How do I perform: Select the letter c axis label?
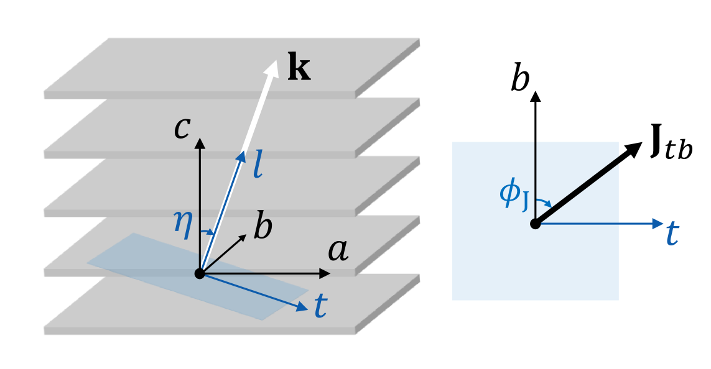[x=182, y=129]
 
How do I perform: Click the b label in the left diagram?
[x=263, y=228]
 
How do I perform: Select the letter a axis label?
[x=338, y=251]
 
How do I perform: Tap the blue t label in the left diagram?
[x=320, y=306]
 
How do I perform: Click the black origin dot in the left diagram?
[x=200, y=273]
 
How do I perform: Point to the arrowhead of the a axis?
[x=325, y=273]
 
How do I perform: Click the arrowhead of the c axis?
[x=200, y=143]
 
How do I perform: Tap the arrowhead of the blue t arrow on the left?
[x=303, y=306]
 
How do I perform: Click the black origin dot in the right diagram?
[x=535, y=224]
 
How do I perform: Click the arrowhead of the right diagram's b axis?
[x=535, y=96]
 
